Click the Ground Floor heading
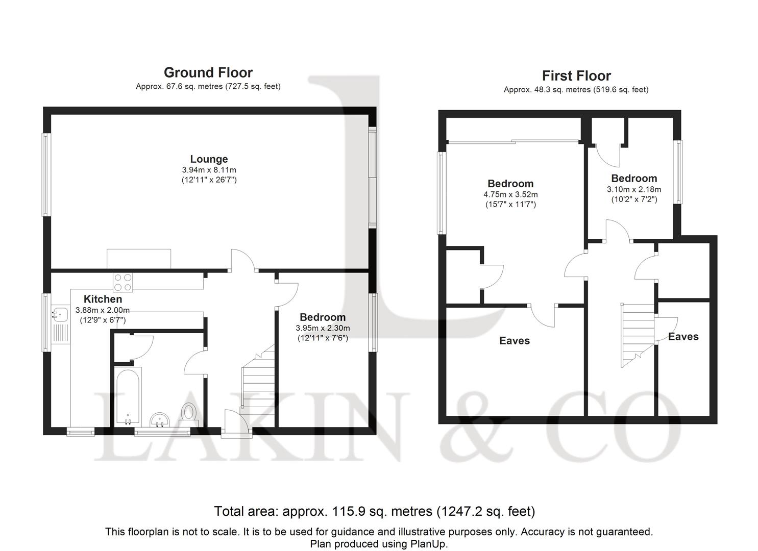click(208, 73)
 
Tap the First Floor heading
click(576, 76)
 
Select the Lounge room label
click(209, 159)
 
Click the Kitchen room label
click(103, 299)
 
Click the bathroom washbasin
click(160, 420)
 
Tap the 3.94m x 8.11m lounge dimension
click(209, 170)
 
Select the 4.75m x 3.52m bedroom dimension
click(510, 194)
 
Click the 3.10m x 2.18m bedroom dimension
click(634, 189)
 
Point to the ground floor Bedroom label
click(323, 317)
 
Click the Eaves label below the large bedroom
click(515, 341)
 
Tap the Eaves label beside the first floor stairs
click(683, 337)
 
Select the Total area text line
click(375, 511)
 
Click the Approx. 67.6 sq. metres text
click(179, 87)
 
